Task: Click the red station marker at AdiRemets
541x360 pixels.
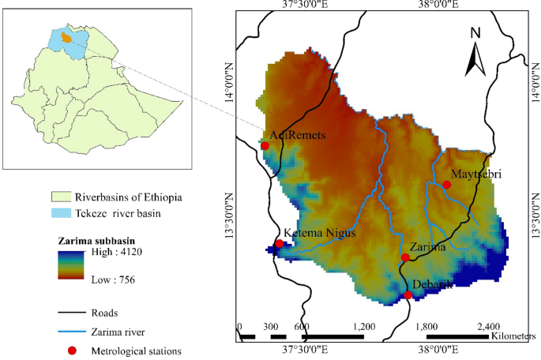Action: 265,145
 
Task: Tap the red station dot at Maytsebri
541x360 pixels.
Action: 446,185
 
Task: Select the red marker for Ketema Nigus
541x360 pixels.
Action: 279,244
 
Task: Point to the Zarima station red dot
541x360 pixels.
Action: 405,257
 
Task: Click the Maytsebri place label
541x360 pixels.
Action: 476,173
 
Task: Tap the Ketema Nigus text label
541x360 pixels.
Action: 320,233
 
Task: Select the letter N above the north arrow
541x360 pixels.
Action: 475,33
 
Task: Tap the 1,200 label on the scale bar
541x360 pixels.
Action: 364,326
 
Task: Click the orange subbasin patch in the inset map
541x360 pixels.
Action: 67,37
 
